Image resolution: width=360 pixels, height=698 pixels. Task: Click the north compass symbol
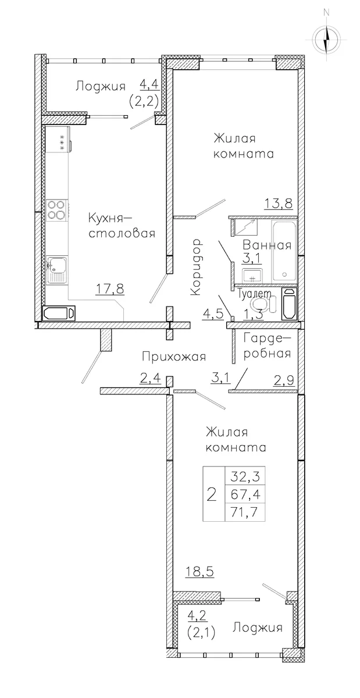(x=326, y=40)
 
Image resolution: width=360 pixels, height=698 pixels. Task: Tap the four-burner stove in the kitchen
(x=56, y=210)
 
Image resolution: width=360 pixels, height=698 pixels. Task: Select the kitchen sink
(x=57, y=270)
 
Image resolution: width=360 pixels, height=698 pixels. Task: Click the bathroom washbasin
(x=251, y=275)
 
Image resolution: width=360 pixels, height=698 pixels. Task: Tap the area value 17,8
(x=110, y=289)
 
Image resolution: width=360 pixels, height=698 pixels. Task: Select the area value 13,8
(x=279, y=204)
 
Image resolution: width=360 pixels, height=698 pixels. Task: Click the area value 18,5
(x=200, y=572)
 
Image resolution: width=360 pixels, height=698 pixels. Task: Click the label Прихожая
(x=174, y=357)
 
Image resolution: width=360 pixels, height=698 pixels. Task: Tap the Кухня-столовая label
(x=122, y=225)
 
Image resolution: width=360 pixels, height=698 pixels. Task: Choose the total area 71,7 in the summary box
(x=245, y=512)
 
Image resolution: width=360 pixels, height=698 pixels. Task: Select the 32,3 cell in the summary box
(x=245, y=476)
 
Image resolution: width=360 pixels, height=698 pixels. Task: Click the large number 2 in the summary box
(x=212, y=494)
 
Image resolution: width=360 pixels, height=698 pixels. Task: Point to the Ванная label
(x=267, y=245)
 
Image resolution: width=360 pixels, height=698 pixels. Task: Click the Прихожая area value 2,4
(x=151, y=378)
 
